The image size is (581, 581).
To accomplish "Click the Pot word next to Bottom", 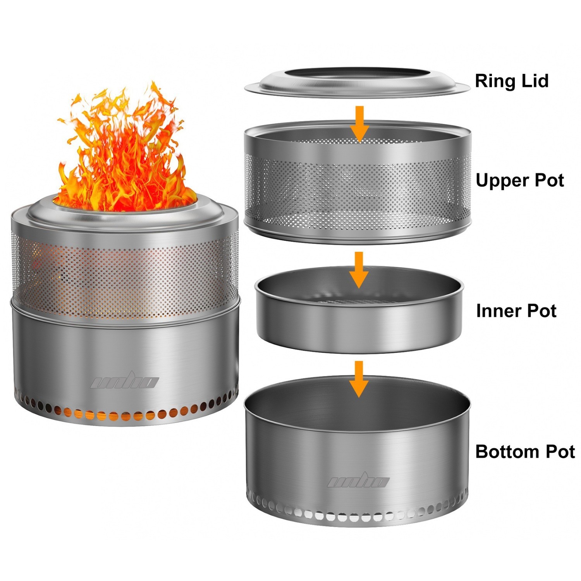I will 560,452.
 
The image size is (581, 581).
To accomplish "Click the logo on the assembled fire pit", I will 124,382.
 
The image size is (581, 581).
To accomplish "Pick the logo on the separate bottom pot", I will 358,481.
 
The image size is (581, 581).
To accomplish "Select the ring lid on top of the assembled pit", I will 124,217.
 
